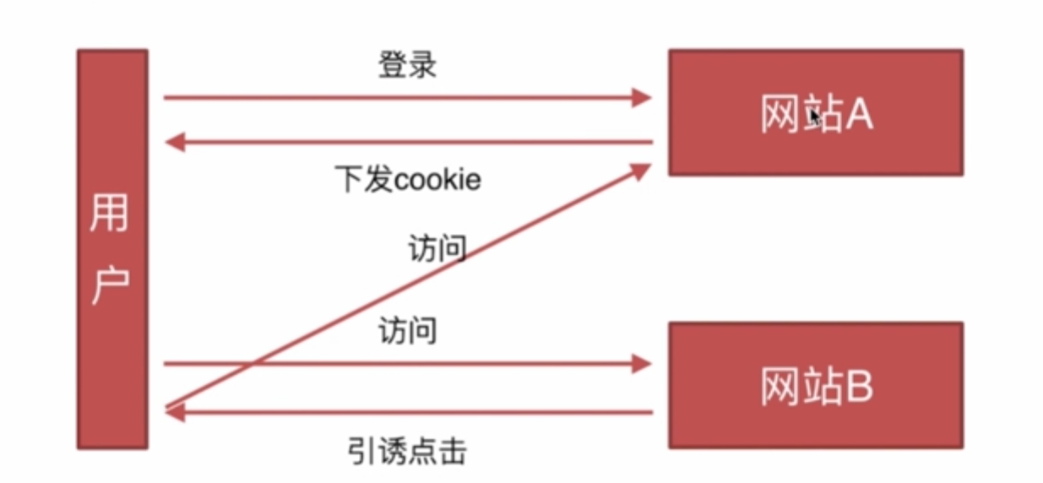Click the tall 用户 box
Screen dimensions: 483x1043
112,249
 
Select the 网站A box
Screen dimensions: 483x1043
815,112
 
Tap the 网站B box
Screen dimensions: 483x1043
815,384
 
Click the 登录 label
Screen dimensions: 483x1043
407,65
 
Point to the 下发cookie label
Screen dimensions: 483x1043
407,180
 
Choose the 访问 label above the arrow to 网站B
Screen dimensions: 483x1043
407,331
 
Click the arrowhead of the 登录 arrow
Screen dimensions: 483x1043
642,98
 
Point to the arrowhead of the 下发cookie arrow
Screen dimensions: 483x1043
175,143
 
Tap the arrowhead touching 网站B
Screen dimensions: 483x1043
642,364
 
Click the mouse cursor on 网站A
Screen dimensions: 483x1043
814,117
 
